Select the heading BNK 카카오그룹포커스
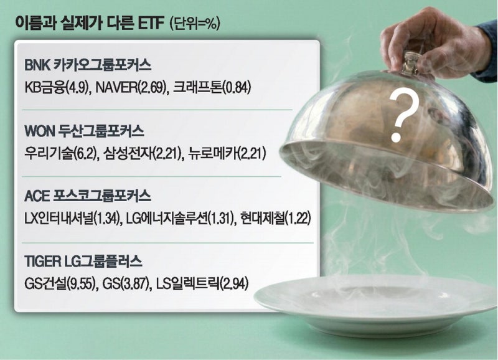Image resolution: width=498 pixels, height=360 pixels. coord(88,65)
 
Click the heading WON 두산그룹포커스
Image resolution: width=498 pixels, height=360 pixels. coord(85,131)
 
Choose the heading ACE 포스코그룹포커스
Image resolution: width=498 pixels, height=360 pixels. coord(88,196)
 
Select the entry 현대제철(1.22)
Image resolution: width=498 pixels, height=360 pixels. coord(275,219)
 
